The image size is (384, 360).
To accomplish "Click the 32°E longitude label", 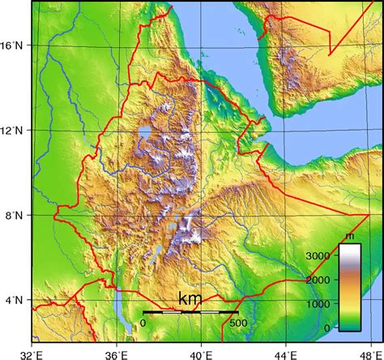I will click(x=32, y=354).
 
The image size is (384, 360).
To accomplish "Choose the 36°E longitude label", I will click(x=117, y=354).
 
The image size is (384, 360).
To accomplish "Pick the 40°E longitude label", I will click(x=201, y=354).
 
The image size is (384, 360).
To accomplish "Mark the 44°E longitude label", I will click(x=286, y=354).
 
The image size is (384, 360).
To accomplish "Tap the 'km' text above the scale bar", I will click(x=190, y=299).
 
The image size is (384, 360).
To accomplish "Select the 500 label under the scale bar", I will click(x=237, y=324).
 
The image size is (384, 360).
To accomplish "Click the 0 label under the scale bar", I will click(x=143, y=324).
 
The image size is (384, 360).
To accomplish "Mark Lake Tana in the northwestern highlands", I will click(x=144, y=132).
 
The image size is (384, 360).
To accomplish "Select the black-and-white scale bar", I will click(x=190, y=312).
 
